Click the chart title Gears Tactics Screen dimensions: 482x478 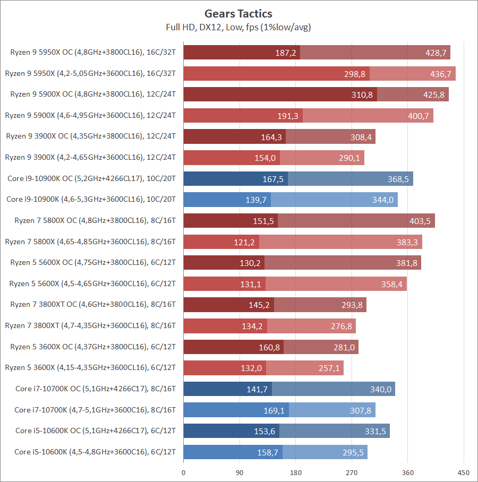(x=238, y=13)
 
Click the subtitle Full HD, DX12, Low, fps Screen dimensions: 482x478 (x=238, y=27)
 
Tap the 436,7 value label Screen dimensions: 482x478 (x=441, y=74)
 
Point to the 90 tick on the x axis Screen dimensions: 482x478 (x=240, y=472)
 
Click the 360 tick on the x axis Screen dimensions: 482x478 (x=408, y=472)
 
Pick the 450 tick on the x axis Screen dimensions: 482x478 (x=464, y=472)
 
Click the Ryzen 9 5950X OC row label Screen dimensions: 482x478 (x=93, y=53)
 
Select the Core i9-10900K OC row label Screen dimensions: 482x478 (x=92, y=179)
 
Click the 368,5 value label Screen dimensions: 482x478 (x=398, y=179)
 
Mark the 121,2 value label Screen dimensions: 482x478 (x=244, y=242)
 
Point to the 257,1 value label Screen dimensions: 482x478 (x=329, y=368)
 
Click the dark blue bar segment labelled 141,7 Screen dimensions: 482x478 (x=227, y=389)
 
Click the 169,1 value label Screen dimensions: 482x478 (x=274, y=410)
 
